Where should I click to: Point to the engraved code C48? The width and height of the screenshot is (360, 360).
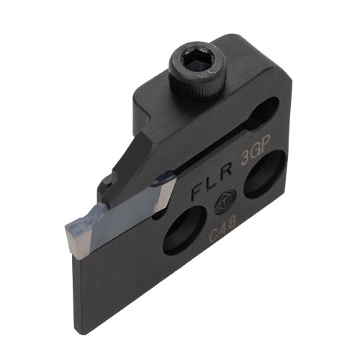pyautogui.click(x=222, y=228)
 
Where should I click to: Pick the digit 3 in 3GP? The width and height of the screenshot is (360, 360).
pyautogui.click(x=246, y=158)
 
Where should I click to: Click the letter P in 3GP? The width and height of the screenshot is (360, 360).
pyautogui.click(x=266, y=143)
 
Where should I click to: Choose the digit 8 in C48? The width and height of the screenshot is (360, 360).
pyautogui.click(x=231, y=223)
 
